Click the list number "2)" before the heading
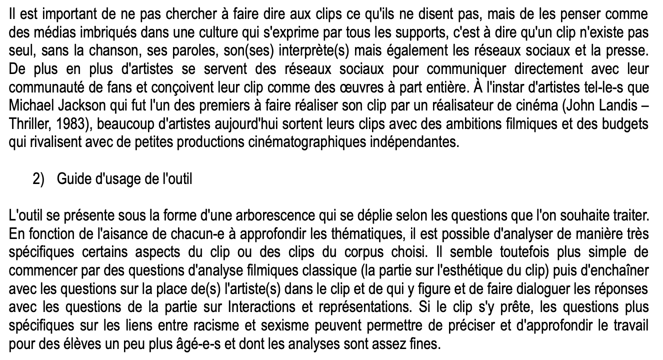(x=39, y=179)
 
